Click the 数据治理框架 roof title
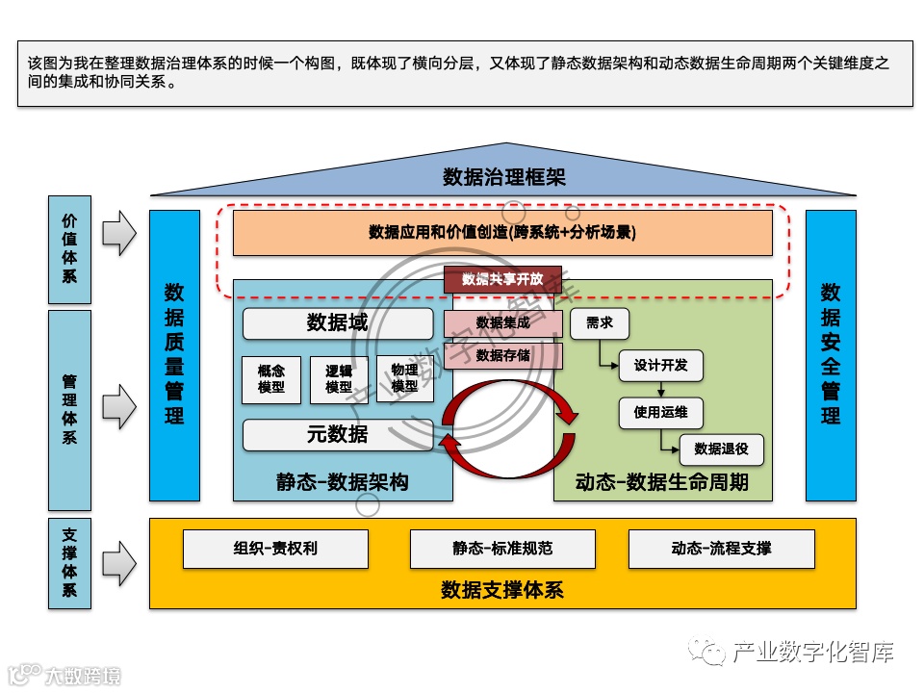pyautogui.click(x=503, y=177)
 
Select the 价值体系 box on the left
pyautogui.click(x=69, y=247)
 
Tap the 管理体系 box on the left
pyautogui.click(x=69, y=409)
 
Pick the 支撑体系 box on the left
pyautogui.click(x=69, y=563)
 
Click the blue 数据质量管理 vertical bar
pyautogui.click(x=174, y=354)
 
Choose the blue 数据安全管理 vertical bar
pyautogui.click(x=830, y=354)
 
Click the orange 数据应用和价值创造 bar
pyautogui.click(x=502, y=233)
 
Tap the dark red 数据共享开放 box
pyautogui.click(x=502, y=279)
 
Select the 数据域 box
pyautogui.click(x=337, y=323)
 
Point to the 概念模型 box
pyautogui.click(x=271, y=379)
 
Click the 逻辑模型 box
pyautogui.click(x=339, y=379)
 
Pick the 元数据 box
pyautogui.click(x=337, y=434)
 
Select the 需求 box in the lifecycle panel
pyautogui.click(x=599, y=324)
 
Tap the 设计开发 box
pyautogui.click(x=660, y=366)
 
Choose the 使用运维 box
pyautogui.click(x=660, y=413)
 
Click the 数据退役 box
pyautogui.click(x=721, y=449)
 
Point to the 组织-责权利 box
pyautogui.click(x=275, y=549)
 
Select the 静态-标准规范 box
pyautogui.click(x=502, y=549)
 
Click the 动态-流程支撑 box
pyautogui.click(x=721, y=549)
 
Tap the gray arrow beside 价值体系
pyautogui.click(x=119, y=233)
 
